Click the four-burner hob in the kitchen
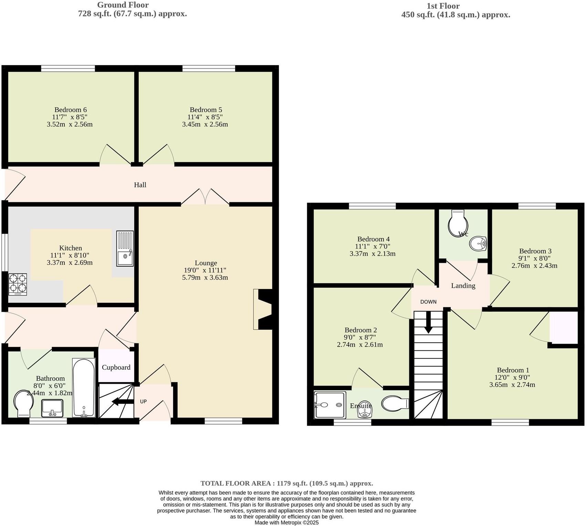coord(18,284)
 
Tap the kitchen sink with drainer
coord(125,248)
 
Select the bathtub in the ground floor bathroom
coord(84,388)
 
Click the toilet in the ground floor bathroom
coord(23,403)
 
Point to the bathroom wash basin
coord(52,408)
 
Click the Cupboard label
coord(116,367)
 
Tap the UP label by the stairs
coord(143,401)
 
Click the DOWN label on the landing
coord(428,302)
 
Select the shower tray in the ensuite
coord(330,405)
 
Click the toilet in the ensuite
coord(395,403)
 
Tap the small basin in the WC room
coord(478,244)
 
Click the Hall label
coord(140,185)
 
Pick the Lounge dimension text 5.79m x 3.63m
coord(205,277)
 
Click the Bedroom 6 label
coord(71,110)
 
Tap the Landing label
coord(463,286)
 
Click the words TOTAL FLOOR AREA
coord(236,483)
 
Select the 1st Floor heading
coord(443,6)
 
